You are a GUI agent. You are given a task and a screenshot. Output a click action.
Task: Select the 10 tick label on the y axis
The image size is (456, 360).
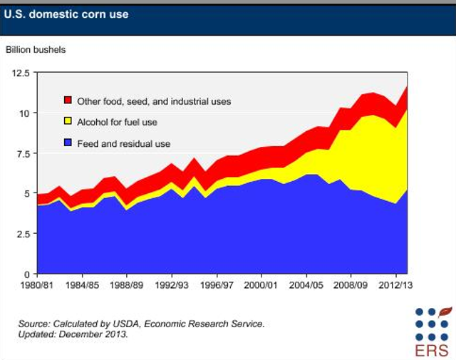(x=24, y=113)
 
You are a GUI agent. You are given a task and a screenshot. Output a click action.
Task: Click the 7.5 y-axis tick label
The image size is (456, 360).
(x=23, y=154)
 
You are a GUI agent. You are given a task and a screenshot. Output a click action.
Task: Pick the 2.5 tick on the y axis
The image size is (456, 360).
(x=23, y=234)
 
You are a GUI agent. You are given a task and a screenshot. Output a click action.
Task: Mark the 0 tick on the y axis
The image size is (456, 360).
(x=28, y=274)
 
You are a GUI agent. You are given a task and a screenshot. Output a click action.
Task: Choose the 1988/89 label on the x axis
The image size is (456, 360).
(x=127, y=287)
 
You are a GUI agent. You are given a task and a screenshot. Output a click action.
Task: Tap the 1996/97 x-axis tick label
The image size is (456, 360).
(x=217, y=287)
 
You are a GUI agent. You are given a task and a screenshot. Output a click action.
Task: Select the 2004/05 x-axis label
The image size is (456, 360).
(x=306, y=287)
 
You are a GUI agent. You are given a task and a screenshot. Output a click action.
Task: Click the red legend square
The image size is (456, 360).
(x=68, y=101)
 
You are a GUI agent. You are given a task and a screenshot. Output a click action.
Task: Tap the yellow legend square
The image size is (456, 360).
(x=68, y=122)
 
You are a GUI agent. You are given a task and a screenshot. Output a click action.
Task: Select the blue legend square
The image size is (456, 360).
(x=68, y=143)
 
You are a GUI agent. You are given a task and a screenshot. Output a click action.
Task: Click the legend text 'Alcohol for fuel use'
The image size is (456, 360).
(x=117, y=123)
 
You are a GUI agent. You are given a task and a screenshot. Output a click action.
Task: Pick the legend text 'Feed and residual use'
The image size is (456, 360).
(x=123, y=144)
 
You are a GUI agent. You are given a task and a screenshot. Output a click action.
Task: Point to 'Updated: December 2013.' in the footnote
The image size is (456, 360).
(x=73, y=334)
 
